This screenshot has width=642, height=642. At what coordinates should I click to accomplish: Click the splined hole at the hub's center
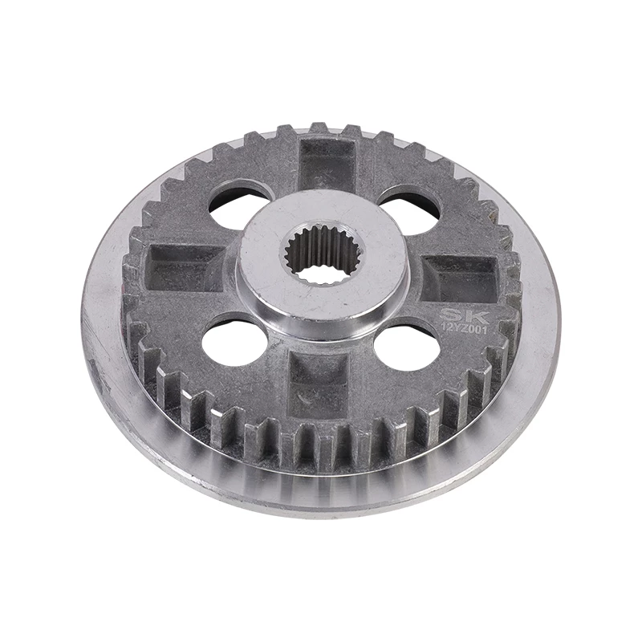(x=326, y=254)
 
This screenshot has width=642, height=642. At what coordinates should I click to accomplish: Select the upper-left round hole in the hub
(x=242, y=205)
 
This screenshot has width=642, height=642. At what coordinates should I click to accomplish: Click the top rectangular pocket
(x=327, y=163)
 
